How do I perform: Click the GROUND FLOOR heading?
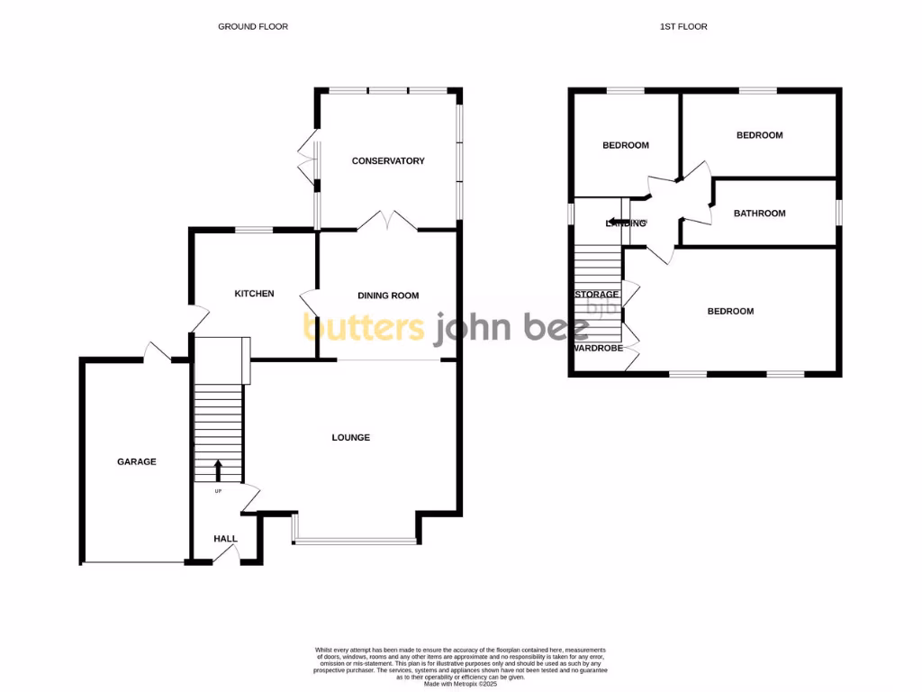[x=253, y=27]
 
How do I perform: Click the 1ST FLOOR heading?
[x=682, y=27]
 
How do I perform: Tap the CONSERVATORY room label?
[x=388, y=161]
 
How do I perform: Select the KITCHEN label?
[x=254, y=294]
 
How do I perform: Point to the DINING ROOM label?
[x=388, y=296]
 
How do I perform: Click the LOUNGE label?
[x=351, y=438]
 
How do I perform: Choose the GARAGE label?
[x=137, y=462]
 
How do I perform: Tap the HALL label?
[x=225, y=539]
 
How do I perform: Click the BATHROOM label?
[x=759, y=214]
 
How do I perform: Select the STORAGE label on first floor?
[x=597, y=295]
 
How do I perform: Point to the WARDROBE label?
[x=597, y=348]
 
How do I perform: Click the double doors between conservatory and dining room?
[x=387, y=222]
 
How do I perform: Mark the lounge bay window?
[x=356, y=541]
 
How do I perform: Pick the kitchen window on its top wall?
[x=254, y=230]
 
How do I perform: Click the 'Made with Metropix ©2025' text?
[x=460, y=684]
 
